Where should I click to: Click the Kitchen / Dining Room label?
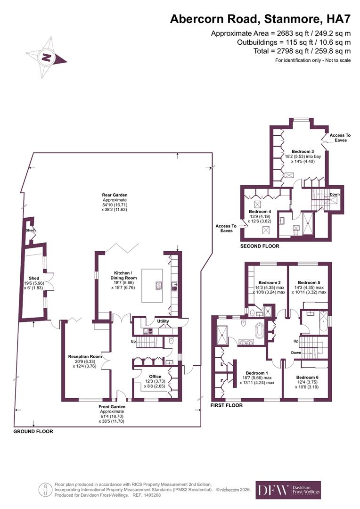click(123, 276)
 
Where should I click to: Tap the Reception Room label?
click(85, 356)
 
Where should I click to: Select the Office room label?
click(155, 377)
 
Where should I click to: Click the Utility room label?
click(163, 321)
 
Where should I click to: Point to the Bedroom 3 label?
click(303, 152)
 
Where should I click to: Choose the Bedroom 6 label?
click(307, 378)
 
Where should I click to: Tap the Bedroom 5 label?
click(309, 283)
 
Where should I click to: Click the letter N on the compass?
click(47, 58)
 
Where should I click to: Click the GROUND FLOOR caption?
click(33, 431)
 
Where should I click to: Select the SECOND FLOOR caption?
click(260, 246)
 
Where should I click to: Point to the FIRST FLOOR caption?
click(227, 405)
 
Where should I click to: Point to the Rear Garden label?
click(115, 195)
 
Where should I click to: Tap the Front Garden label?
click(112, 407)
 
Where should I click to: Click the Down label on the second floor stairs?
click(335, 195)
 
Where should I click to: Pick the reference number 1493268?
click(152, 495)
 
